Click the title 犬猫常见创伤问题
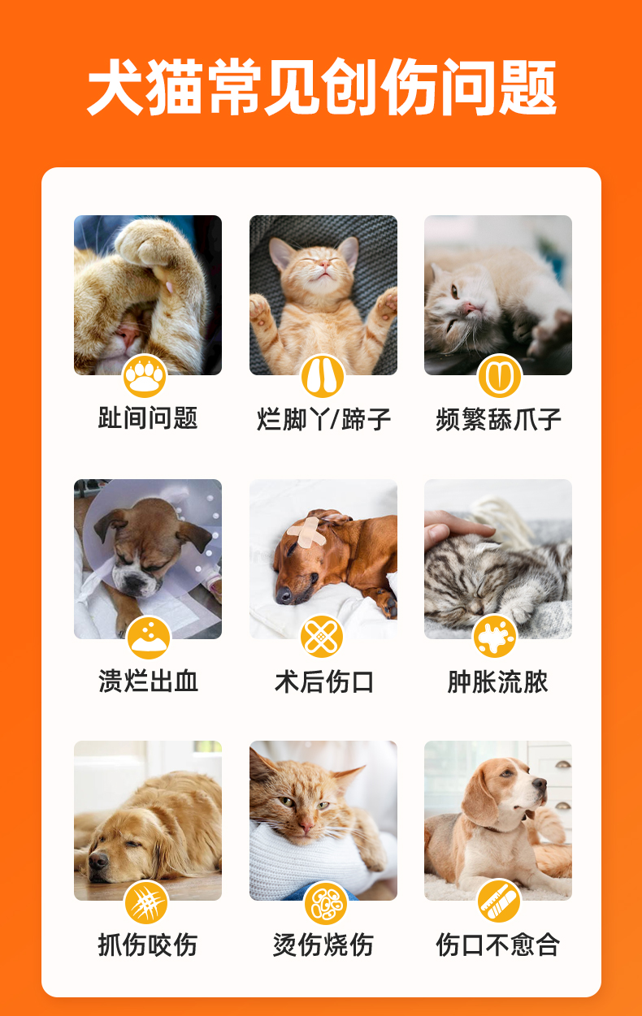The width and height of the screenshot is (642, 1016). click(x=322, y=87)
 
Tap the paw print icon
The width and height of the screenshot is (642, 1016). click(x=145, y=376)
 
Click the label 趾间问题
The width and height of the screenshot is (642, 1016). click(x=148, y=417)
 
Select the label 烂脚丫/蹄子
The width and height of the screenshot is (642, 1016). click(x=323, y=419)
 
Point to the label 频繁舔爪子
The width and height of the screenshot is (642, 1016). click(x=498, y=419)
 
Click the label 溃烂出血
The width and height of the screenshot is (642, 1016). click(x=149, y=681)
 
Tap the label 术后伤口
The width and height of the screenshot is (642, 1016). click(x=324, y=681)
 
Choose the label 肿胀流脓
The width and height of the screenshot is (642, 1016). click(x=497, y=681)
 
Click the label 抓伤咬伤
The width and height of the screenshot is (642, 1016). click(x=148, y=945)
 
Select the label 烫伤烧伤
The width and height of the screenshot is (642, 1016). click(x=323, y=945)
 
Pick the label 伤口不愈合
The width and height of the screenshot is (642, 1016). click(x=497, y=945)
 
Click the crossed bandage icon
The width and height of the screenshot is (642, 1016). click(x=322, y=637)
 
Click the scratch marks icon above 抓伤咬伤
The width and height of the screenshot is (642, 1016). click(x=146, y=902)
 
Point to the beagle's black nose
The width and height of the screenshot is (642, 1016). click(x=540, y=783)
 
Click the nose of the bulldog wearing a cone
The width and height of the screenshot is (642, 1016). click(x=134, y=583)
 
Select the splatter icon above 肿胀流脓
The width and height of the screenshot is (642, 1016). click(x=495, y=637)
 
